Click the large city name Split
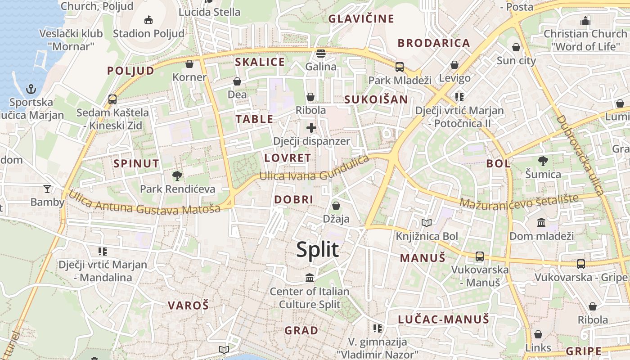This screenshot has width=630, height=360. (x=317, y=249)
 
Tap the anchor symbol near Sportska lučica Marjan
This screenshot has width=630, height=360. (x=31, y=89)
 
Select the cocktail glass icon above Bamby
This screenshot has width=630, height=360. (x=47, y=189)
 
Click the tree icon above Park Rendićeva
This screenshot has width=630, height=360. (x=177, y=175)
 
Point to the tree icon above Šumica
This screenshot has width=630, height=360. (x=543, y=161)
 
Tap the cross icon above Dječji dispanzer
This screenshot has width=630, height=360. (x=311, y=128)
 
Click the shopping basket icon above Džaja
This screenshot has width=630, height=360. (x=336, y=206)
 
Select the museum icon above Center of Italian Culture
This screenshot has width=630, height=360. (x=310, y=278)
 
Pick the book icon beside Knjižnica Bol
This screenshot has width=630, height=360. (x=427, y=223)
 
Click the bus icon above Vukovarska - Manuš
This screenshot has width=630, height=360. (x=480, y=256)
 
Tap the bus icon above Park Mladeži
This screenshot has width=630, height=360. (x=399, y=67)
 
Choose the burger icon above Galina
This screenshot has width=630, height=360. (x=321, y=54)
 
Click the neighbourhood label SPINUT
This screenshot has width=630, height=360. (x=136, y=163)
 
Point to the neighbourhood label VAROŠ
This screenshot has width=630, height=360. (x=188, y=306)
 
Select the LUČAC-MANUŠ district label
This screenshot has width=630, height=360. (x=443, y=319)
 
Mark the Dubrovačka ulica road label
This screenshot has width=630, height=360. (x=580, y=155)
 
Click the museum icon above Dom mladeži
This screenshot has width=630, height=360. (x=541, y=223)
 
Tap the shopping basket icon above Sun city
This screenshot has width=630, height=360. (x=516, y=47)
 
